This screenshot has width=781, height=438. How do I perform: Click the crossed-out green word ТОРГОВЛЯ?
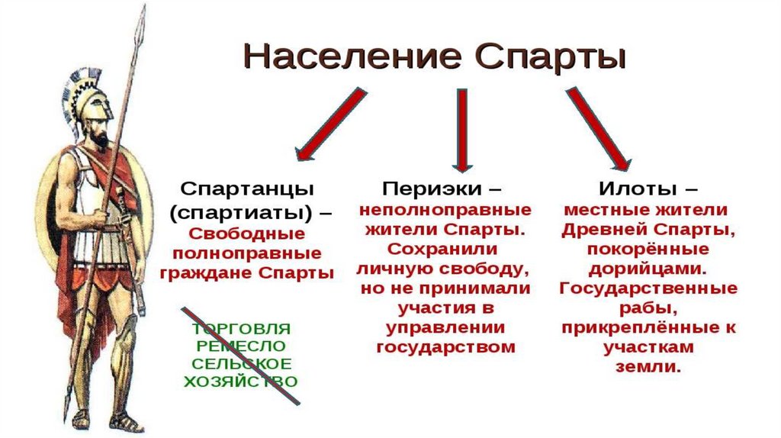242,329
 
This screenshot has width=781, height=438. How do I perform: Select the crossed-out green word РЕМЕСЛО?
242,346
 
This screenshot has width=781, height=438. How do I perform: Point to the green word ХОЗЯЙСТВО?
242,381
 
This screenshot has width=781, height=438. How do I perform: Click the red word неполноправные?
445,208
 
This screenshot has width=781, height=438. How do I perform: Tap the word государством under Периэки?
445,346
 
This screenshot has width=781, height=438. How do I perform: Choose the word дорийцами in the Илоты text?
647,269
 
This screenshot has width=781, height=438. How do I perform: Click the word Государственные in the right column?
648,288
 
